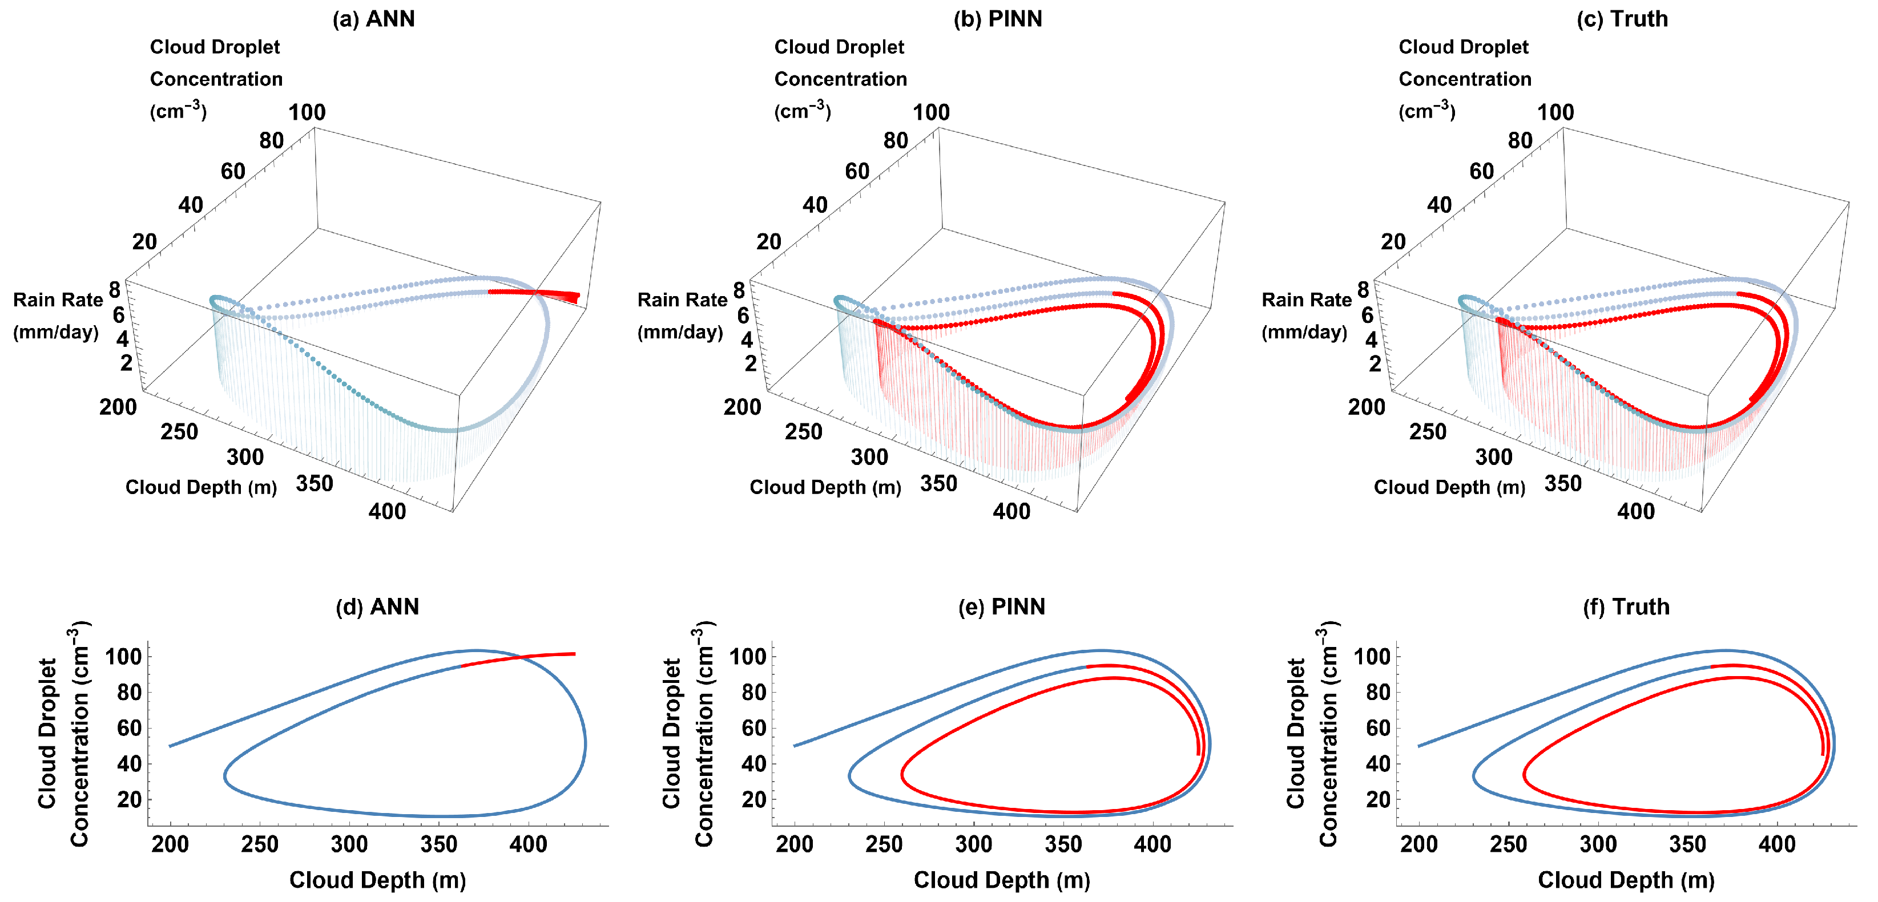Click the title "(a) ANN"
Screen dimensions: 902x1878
[373, 19]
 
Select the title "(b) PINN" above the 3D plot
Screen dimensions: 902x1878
[997, 19]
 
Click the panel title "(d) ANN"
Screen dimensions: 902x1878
[377, 607]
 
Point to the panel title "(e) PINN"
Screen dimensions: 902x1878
[1001, 607]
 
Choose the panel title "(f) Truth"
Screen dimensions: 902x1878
[1626, 607]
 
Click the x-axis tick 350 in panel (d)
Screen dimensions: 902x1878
[439, 844]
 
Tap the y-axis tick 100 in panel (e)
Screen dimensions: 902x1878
[748, 657]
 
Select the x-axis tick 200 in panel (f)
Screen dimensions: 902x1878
[1418, 844]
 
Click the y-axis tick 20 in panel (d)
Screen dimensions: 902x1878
[129, 799]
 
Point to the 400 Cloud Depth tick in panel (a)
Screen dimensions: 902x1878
[387, 511]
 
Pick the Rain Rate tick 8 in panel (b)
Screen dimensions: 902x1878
[739, 290]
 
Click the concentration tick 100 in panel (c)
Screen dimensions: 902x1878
[1555, 112]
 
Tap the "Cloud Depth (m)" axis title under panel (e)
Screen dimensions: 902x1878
[1001, 880]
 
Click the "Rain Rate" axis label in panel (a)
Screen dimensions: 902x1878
[58, 300]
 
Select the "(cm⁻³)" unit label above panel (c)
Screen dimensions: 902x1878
[1426, 111]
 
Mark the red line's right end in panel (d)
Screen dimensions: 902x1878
[574, 654]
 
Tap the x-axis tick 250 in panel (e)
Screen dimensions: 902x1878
[884, 844]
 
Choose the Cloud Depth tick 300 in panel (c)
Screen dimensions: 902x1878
[1493, 458]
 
